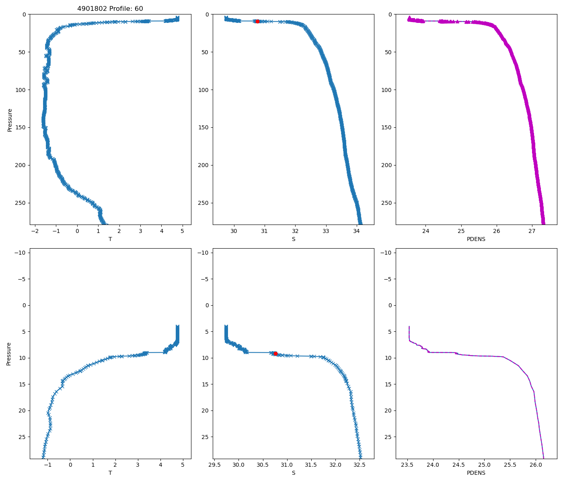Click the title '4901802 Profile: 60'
[x=110, y=9]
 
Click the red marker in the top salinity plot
[x=257, y=21]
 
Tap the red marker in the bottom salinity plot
[x=275, y=353]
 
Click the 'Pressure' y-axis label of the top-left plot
[x=10, y=120]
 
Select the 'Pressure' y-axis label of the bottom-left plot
[x=9, y=353]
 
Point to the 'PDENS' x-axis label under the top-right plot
[x=476, y=239]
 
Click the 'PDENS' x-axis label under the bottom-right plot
[x=476, y=473]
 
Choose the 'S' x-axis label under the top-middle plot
[x=293, y=239]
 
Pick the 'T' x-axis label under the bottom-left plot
[x=110, y=473]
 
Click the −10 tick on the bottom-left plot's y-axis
[x=20, y=253]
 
